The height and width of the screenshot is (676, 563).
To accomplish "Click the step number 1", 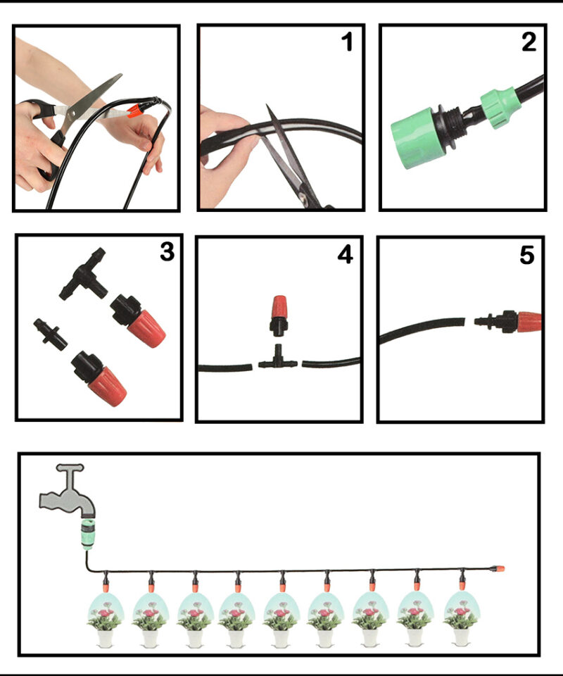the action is coord(347,42).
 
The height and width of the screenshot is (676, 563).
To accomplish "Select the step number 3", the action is coord(167,251).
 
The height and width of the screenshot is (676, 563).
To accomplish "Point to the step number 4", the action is coord(346,254).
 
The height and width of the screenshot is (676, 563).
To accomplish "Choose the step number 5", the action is coord(527,255).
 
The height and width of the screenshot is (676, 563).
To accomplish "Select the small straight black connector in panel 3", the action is coord(51,334).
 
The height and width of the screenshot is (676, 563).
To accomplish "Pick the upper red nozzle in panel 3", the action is coord(138,320).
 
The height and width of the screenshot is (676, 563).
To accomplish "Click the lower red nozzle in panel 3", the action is coord(99,379).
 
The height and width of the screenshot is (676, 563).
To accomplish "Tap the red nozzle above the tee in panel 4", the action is coord(278,316).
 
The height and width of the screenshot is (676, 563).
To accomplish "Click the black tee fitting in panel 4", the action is coord(278,359).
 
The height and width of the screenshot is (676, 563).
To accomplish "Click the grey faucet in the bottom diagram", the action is coord(68,492).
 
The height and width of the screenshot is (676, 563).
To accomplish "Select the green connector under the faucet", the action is coord(88,535).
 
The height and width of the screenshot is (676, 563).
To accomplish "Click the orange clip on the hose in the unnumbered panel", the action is coord(135,111).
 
